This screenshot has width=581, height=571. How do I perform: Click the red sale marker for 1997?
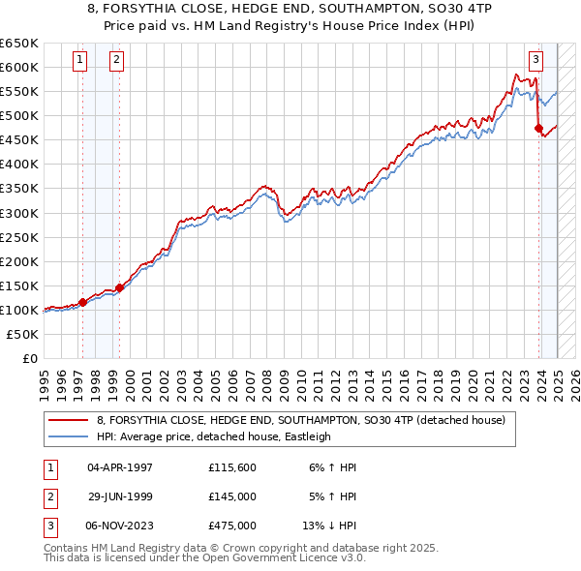click(82, 302)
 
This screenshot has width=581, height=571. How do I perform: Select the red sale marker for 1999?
click(120, 287)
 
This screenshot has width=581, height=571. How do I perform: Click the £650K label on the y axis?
click(19, 44)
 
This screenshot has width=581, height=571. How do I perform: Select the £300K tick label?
click(19, 213)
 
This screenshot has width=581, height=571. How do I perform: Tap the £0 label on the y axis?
click(29, 358)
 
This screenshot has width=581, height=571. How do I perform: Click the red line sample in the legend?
click(68, 421)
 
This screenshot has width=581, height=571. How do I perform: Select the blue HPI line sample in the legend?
click(68, 436)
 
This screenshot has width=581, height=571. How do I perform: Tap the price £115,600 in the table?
click(232, 466)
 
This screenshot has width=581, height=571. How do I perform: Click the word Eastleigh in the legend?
click(305, 436)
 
